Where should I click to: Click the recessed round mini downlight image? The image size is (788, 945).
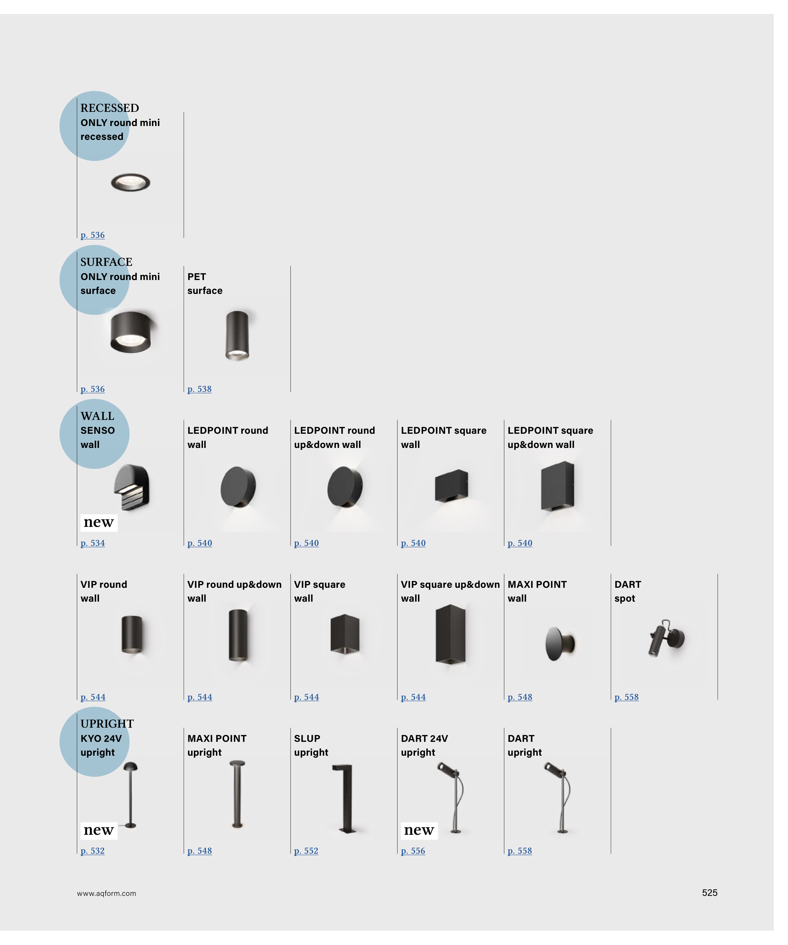[130, 182]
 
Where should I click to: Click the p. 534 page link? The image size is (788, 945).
[92, 543]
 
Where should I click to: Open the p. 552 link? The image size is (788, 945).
[306, 850]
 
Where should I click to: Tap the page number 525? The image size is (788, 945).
[709, 893]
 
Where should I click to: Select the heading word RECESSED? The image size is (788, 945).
[109, 108]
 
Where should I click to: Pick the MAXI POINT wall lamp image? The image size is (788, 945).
[560, 644]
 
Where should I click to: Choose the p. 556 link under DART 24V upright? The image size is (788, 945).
[413, 850]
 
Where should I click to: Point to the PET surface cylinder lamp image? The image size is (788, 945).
[237, 335]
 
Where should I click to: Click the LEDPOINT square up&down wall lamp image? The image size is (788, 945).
[558, 486]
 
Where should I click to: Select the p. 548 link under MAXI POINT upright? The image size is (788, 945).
[199, 850]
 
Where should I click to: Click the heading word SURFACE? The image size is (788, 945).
[106, 262]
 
